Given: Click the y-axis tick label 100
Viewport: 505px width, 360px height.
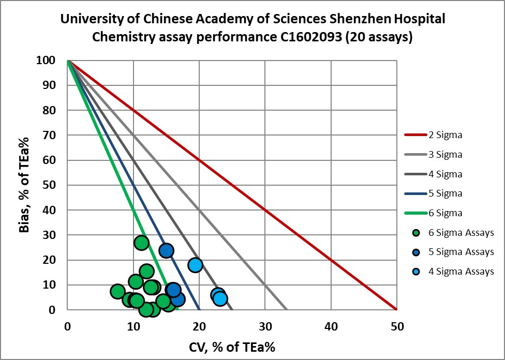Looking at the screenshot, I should click(46, 61).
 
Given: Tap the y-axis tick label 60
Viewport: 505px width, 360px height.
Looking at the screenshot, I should click(49, 160).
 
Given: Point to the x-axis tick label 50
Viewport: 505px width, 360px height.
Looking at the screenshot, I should click(396, 326).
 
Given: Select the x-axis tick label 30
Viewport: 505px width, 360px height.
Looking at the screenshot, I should click(265, 326).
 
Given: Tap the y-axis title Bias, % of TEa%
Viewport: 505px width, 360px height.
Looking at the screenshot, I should click(24, 185).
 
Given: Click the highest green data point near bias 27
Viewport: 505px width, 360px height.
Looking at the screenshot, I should click(141, 243).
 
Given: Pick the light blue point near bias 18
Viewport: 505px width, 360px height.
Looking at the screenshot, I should click(195, 265).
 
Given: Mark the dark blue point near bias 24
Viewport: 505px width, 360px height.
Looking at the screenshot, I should click(166, 250).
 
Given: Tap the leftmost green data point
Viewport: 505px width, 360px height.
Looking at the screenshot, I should click(117, 291).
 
